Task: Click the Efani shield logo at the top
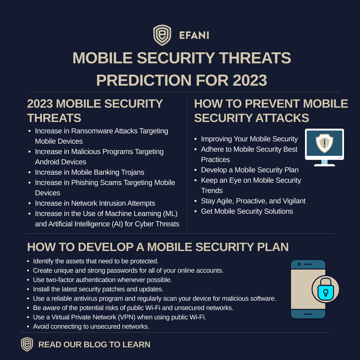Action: [x=162, y=35]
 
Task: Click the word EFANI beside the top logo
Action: [x=194, y=35]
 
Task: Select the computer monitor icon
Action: [x=324, y=147]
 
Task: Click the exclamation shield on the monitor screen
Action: [x=324, y=143]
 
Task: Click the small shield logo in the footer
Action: [x=27, y=344]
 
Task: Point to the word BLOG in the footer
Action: [x=96, y=345]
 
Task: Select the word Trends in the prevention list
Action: [x=212, y=191]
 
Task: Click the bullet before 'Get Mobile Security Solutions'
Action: [x=196, y=212]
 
